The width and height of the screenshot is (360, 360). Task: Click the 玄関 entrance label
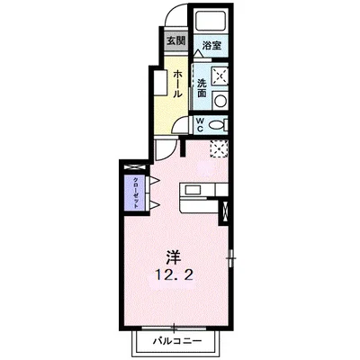coord(175,41)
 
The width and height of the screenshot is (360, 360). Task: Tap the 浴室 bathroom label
coord(211,45)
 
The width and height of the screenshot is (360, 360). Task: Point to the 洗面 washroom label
coord(202,86)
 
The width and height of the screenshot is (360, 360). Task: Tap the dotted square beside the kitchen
coord(218,148)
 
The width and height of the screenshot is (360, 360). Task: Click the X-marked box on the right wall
coord(225,214)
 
